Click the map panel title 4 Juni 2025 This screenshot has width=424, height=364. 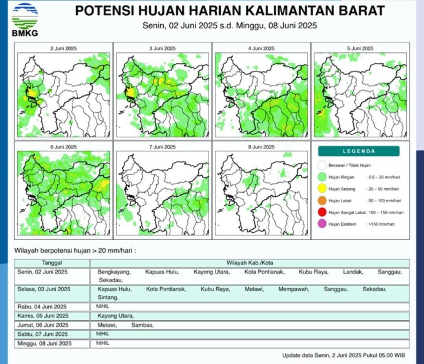[x=261, y=48]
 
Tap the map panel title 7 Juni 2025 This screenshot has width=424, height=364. [x=162, y=147]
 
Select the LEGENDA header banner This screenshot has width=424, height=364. [x=358, y=151]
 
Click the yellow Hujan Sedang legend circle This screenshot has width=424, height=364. [x=323, y=189]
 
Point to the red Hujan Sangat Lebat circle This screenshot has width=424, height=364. [x=323, y=212]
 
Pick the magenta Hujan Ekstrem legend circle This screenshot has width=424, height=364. [x=323, y=224]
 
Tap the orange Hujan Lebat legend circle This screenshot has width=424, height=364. [x=323, y=200]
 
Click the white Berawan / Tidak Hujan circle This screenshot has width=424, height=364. [x=323, y=165]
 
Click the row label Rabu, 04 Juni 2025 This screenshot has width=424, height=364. [x=42, y=307]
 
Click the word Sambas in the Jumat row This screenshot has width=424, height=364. [x=142, y=325]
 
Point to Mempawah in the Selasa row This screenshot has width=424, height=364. [x=294, y=289]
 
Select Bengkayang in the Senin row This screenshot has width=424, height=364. [x=114, y=272]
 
